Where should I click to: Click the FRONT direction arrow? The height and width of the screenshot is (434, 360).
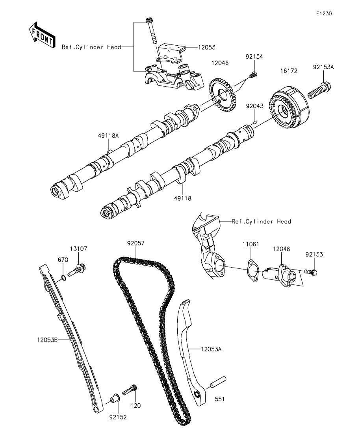[42, 35]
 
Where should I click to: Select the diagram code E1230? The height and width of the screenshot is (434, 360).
[324, 13]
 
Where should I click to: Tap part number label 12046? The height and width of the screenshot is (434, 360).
[220, 63]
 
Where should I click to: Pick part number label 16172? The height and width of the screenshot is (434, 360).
[289, 71]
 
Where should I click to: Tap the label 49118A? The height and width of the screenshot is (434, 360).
[108, 135]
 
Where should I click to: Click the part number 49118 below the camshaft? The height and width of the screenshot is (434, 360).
[183, 198]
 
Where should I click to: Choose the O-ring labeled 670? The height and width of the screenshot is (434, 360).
[63, 278]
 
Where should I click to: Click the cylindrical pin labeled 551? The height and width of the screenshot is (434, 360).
[218, 382]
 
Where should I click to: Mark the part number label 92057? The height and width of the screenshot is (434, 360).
[136, 243]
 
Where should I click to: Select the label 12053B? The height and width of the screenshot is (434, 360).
[47, 339]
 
